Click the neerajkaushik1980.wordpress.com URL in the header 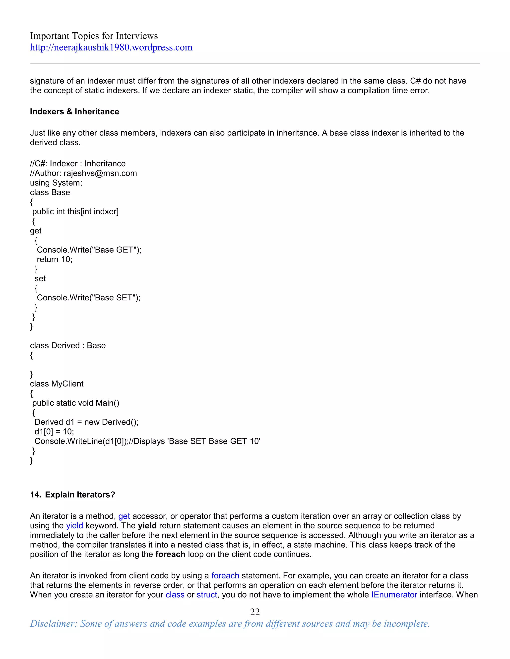coord(111,47)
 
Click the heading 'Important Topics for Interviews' coord(94,36)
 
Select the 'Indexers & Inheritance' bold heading coord(74,112)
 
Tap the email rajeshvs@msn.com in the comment coord(100,173)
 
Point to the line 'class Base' coord(50,192)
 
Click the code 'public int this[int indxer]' coord(75,212)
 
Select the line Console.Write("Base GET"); coord(89,250)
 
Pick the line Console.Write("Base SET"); coord(88,298)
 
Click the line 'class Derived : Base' coord(68,345)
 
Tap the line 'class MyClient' coord(57,384)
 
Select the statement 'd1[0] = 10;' coord(54,432)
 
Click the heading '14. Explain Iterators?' coord(72,495)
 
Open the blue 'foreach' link coord(225,576)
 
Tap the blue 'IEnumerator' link coord(394,595)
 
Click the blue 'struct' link coord(207,595)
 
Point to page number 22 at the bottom coord(255,612)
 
